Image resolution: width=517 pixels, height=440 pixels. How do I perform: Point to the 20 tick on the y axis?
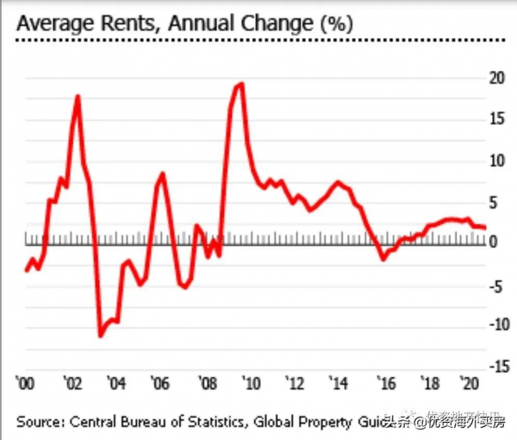(x=495, y=79)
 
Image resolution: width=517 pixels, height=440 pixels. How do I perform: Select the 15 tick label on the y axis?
(x=495, y=118)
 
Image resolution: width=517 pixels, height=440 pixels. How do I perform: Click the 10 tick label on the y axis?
(x=495, y=160)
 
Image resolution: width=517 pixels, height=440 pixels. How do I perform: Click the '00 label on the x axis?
(x=27, y=382)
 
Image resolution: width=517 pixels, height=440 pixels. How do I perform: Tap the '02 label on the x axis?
(x=72, y=382)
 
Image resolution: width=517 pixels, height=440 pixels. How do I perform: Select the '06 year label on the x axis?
(x=159, y=382)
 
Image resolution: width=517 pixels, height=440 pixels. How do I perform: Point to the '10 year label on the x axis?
(x=249, y=382)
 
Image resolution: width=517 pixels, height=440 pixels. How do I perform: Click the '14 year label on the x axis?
(x=339, y=382)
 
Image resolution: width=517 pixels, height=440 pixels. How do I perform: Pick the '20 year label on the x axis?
(x=470, y=382)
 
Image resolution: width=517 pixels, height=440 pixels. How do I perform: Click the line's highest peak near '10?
(x=241, y=84)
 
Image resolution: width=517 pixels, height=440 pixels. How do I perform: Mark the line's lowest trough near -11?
(x=100, y=335)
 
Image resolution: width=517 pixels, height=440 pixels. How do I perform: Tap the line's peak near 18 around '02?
(x=78, y=97)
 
